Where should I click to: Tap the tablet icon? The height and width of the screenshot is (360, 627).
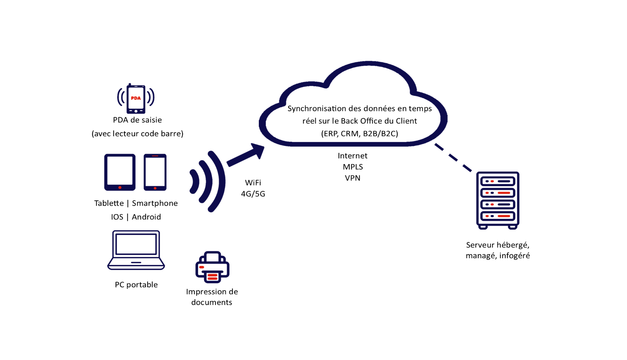tap(120, 172)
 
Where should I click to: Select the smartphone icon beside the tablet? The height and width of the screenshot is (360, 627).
tap(155, 172)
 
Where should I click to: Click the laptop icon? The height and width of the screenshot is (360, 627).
tap(136, 250)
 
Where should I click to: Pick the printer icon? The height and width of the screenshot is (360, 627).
tap(212, 267)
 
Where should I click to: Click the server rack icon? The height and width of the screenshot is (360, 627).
tap(498, 200)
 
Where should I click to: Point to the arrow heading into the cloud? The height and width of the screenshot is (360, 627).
tap(247, 154)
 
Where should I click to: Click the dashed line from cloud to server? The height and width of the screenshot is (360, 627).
tap(453, 157)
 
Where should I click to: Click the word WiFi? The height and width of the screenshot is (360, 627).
tap(253, 183)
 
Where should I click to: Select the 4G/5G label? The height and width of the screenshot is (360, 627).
tap(253, 194)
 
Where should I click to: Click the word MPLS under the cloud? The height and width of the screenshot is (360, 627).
tap(353, 167)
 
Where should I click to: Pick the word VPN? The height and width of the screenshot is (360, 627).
tap(353, 178)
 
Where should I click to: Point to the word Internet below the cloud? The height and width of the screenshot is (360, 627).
tap(353, 156)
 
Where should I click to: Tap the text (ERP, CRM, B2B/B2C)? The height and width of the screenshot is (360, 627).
tap(360, 134)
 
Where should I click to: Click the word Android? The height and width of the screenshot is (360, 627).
tap(147, 217)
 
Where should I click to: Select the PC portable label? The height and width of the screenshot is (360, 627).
tap(136, 285)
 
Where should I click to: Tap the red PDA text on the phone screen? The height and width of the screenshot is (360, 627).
tap(136, 98)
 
